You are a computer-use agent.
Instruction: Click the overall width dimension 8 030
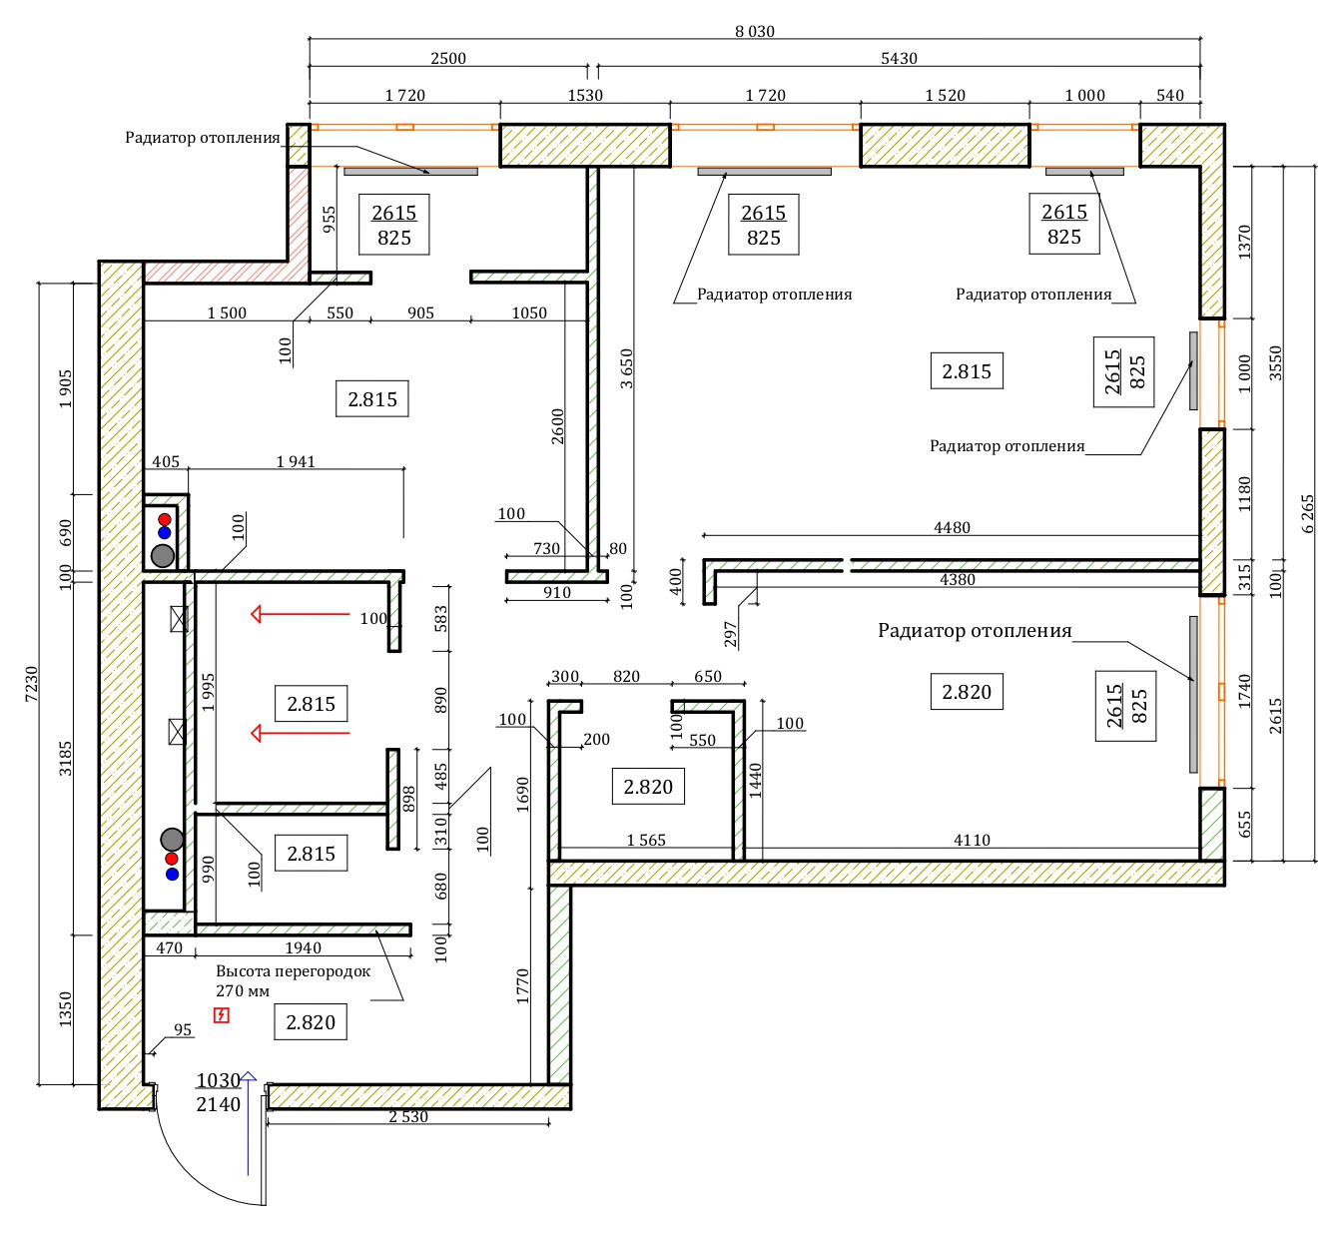click(x=755, y=32)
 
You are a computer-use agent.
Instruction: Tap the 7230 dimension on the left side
click(x=32, y=684)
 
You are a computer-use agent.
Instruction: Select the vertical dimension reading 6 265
click(x=1307, y=514)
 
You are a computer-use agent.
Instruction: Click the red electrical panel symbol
click(x=221, y=1015)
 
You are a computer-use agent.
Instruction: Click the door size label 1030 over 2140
click(x=219, y=1092)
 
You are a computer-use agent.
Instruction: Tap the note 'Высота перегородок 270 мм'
click(x=293, y=980)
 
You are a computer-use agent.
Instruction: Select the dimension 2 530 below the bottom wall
click(x=408, y=1117)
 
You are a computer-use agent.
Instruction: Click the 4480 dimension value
click(x=952, y=527)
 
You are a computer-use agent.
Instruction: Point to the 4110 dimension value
click(x=972, y=840)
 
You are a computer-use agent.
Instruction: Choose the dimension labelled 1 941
click(x=296, y=461)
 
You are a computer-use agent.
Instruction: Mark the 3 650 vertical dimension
click(x=626, y=368)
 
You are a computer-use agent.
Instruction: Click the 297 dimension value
click(x=730, y=634)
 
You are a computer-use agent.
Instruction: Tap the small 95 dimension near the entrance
click(x=183, y=1029)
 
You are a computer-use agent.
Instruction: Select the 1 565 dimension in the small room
click(x=646, y=840)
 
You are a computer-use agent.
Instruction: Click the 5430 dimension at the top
click(x=899, y=58)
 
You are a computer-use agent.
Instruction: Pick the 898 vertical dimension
click(x=408, y=799)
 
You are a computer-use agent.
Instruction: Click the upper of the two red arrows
click(x=301, y=614)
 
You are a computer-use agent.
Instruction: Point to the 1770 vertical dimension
click(x=522, y=986)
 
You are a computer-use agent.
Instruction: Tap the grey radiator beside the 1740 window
click(x=1193, y=694)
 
